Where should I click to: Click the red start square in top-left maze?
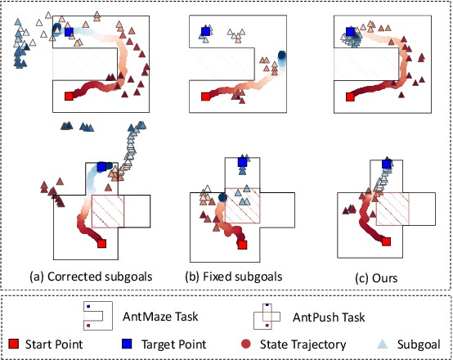pyautogui.click(x=70, y=97)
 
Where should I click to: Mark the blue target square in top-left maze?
pyautogui.click(x=69, y=32)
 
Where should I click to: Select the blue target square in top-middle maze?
pyautogui.click(x=204, y=32)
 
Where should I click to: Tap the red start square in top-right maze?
pyautogui.click(x=351, y=97)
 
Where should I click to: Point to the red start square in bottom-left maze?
pyautogui.click(x=101, y=243)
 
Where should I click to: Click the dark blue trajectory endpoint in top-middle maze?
pyautogui.click(x=282, y=56)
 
